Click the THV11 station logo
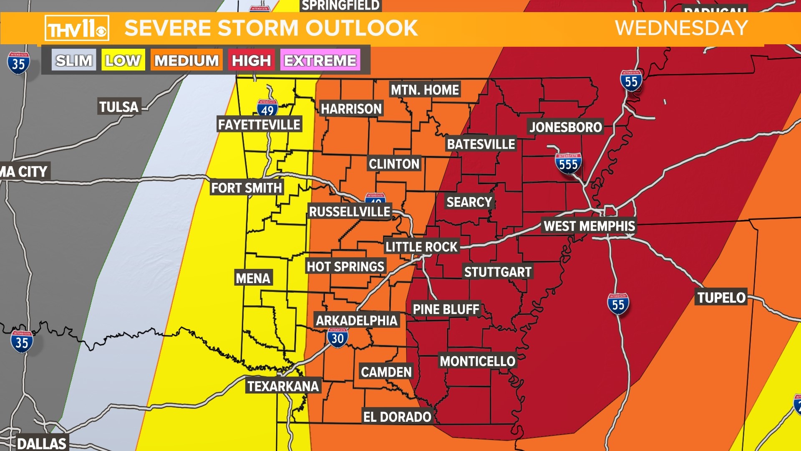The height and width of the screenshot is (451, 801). click(x=77, y=28)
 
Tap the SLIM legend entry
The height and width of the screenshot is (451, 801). click(x=74, y=61)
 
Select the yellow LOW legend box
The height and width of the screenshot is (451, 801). click(x=123, y=61)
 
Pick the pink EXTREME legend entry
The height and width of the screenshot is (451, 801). click(x=320, y=61)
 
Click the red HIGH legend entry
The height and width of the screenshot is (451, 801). click(x=251, y=61)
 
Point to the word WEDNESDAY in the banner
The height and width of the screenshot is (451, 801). click(x=681, y=28)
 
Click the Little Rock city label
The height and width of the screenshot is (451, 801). click(x=421, y=247)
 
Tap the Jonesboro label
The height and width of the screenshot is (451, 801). click(x=565, y=127)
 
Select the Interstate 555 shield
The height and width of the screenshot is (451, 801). click(x=568, y=163)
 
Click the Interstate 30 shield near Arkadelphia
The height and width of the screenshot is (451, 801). click(x=338, y=337)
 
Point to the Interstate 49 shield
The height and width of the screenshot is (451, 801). click(x=267, y=109)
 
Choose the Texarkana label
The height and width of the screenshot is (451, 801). click(x=283, y=386)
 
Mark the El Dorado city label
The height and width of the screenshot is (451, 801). click(x=397, y=417)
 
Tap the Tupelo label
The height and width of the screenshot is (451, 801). click(x=721, y=298)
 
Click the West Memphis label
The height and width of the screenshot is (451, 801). click(x=589, y=226)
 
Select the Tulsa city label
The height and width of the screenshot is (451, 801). click(x=119, y=107)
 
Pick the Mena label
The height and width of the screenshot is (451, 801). click(x=253, y=278)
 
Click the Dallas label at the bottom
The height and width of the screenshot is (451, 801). click(x=42, y=443)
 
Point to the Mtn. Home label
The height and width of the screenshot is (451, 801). click(x=425, y=90)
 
